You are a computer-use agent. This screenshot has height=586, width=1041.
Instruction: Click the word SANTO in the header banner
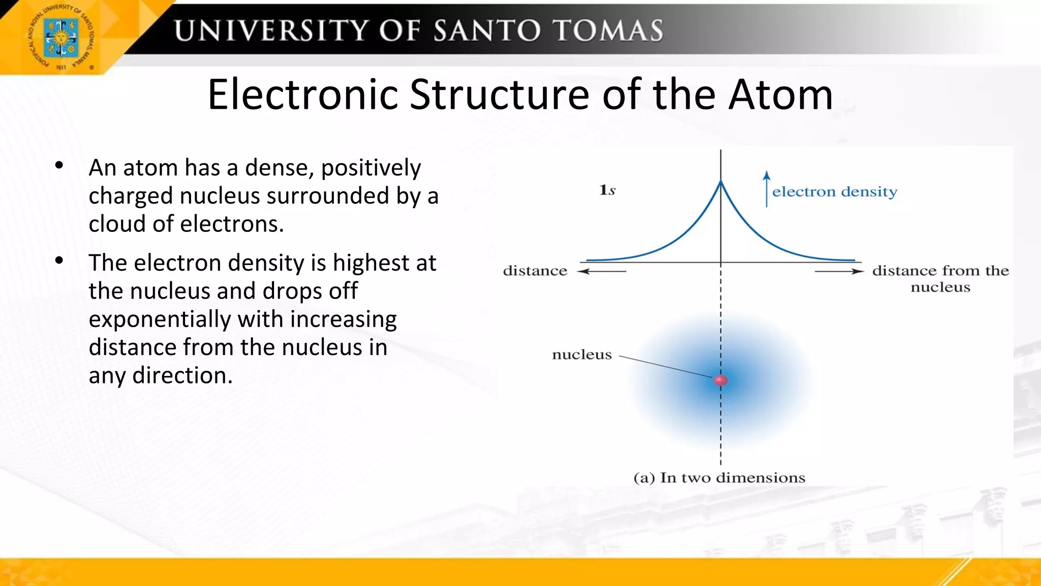click(487, 31)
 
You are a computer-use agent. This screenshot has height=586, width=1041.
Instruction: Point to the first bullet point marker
click(59, 165)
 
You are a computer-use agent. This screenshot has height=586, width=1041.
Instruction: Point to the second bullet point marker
click(59, 260)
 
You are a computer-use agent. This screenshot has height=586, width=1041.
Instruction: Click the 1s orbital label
click(607, 190)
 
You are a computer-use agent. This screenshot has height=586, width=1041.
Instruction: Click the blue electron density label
click(835, 192)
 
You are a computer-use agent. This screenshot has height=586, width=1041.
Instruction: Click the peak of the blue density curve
click(721, 182)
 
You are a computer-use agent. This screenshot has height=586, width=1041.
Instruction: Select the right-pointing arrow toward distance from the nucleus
click(839, 271)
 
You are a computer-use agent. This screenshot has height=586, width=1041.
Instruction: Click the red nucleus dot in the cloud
click(721, 380)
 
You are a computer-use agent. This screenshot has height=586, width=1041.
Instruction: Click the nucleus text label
click(581, 355)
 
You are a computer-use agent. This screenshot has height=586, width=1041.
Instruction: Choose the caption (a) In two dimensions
click(719, 478)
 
